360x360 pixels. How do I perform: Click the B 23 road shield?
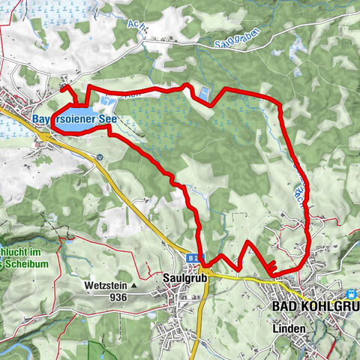193,258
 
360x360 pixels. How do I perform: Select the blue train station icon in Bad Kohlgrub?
350,295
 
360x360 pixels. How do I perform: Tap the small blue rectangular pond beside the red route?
203,93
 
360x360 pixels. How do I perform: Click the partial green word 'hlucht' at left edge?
16,251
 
